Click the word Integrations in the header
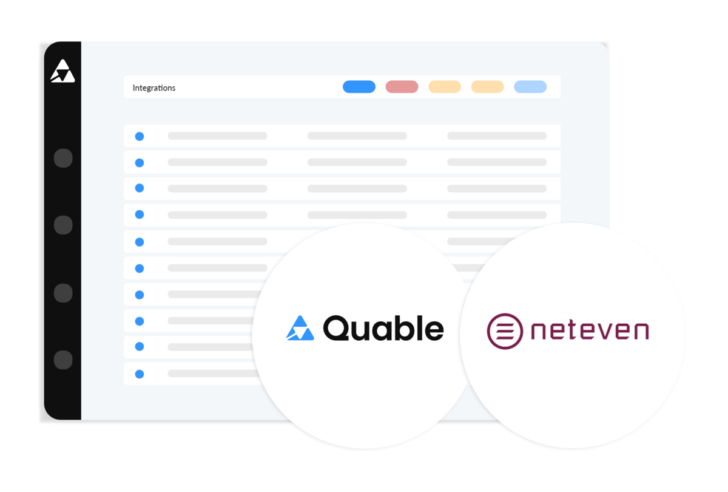coord(154,88)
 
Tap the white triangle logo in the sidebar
coord(62,72)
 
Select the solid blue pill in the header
coord(359,87)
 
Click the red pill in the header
coord(402,87)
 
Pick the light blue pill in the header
coord(530,87)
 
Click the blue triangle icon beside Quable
coord(300,328)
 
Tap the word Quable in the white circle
coord(383,329)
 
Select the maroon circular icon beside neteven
coord(505,330)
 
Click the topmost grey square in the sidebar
coord(63,159)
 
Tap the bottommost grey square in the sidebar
coord(63,360)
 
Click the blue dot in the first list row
coord(140,136)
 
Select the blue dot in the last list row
coord(140,374)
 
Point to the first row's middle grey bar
coord(357,136)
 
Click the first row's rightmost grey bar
coord(497,136)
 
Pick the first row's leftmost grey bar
coord(217,136)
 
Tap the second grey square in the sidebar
coord(63,225)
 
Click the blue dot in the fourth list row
coord(140,215)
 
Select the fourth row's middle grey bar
coord(357,215)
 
